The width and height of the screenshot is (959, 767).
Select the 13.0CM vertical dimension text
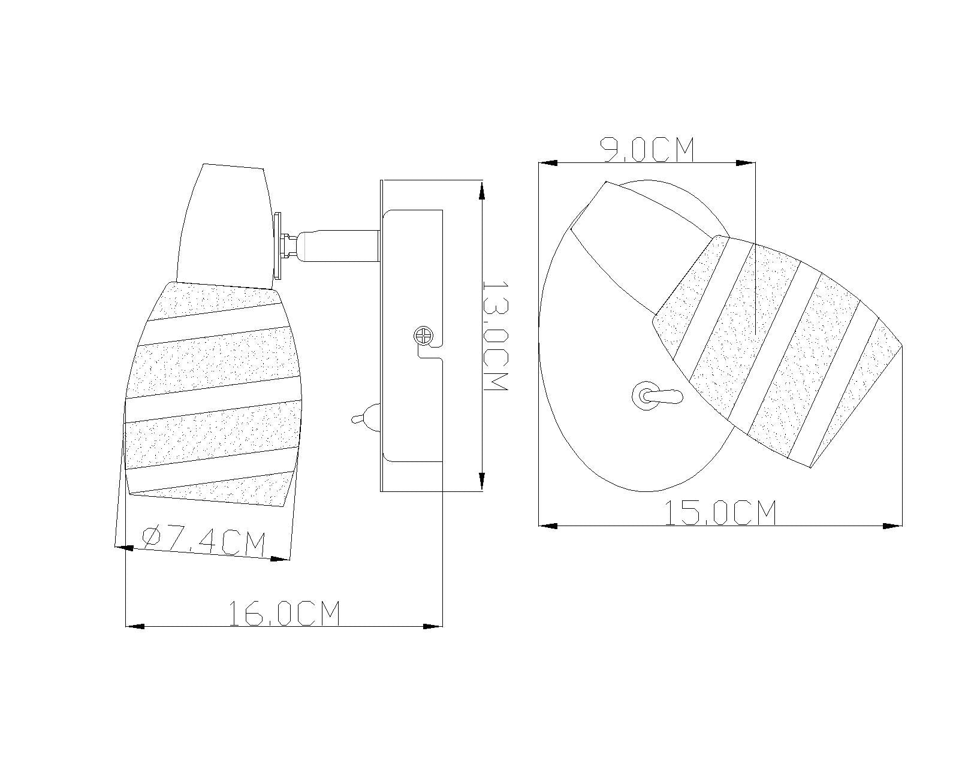(496, 336)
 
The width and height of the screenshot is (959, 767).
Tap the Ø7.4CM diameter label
(204, 542)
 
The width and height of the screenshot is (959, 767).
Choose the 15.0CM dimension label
(720, 512)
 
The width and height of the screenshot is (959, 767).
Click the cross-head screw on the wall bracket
(423, 335)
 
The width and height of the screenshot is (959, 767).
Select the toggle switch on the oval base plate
(656, 395)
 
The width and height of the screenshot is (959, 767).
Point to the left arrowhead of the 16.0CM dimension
(135, 626)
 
